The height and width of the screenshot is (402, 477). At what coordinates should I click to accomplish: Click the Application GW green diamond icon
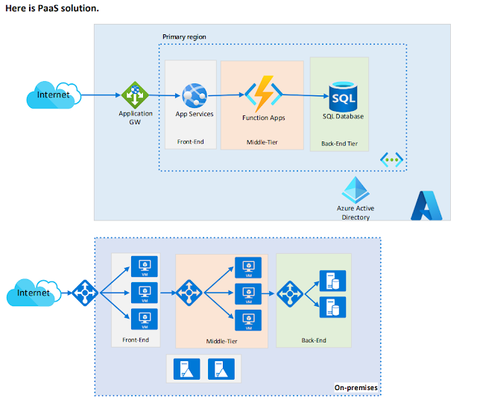135,95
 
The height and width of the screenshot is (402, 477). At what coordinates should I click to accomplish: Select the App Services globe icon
195,96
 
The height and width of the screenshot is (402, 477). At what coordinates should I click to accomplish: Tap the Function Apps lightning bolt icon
263,94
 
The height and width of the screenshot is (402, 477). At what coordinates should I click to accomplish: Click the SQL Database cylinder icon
343,97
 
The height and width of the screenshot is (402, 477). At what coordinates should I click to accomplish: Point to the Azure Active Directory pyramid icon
356,190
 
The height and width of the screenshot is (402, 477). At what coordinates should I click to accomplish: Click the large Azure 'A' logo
426,205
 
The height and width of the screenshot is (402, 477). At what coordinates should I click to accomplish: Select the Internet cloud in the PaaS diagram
54,95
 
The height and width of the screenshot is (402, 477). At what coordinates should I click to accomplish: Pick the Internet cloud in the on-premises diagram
34,293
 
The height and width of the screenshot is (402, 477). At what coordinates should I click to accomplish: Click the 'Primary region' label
184,36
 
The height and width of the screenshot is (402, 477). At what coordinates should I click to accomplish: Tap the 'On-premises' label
356,388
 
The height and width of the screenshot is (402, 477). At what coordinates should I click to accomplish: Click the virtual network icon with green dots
392,159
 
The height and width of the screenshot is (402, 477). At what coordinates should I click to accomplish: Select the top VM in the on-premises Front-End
144,267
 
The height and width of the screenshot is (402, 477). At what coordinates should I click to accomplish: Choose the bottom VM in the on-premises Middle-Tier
248,320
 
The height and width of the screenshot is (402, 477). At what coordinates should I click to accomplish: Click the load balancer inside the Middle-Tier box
189,293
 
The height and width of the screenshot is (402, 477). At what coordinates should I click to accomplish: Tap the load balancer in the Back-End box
290,294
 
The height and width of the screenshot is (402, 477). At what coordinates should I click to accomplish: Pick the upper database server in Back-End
332,281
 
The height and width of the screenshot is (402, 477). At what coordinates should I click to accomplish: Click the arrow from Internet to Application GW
101,95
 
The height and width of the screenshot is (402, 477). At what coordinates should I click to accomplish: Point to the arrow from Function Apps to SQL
306,95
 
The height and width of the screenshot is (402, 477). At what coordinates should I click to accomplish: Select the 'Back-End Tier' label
340,144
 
